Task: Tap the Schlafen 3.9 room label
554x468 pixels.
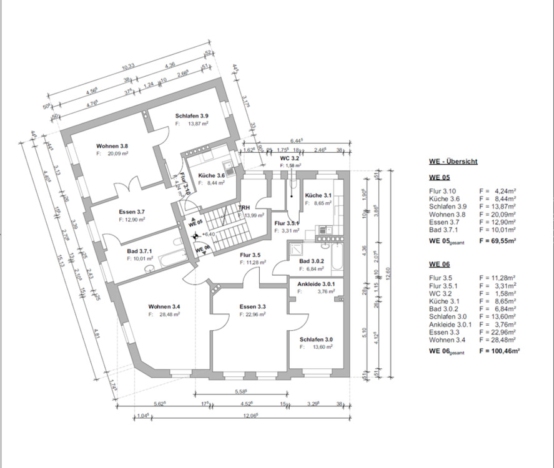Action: (x=192, y=117)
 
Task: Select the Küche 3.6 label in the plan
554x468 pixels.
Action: (x=204, y=176)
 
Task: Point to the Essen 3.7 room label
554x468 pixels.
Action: (x=132, y=212)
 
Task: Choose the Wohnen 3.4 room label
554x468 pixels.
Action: (x=164, y=306)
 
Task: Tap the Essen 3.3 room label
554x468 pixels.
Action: (x=253, y=307)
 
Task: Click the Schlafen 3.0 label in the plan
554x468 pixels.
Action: (x=316, y=339)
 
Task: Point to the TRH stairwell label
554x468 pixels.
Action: (x=244, y=207)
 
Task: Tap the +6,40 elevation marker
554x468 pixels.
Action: (x=209, y=235)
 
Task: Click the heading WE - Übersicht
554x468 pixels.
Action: (x=453, y=161)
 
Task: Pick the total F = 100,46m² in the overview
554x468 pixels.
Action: (x=500, y=351)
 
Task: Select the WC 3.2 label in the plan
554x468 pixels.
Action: (x=290, y=158)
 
